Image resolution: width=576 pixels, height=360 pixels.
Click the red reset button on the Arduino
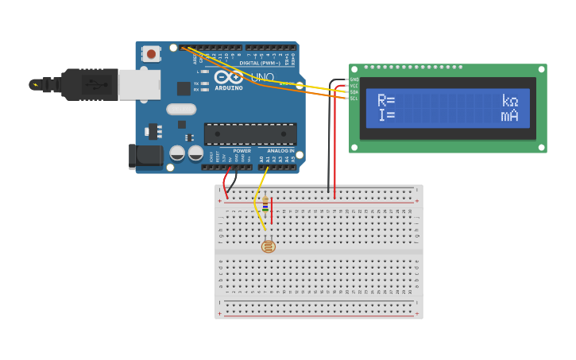coord(151,54)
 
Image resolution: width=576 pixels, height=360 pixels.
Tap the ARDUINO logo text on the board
coord(228,87)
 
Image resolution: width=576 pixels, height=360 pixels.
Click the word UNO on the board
coord(262,77)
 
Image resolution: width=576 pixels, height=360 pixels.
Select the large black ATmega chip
coord(250,134)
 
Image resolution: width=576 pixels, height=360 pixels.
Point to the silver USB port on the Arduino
coord(139,84)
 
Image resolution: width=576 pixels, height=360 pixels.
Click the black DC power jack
coord(145,156)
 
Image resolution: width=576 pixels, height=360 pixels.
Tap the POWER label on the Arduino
coord(242,150)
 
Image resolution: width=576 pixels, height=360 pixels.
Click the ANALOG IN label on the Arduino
coord(280,150)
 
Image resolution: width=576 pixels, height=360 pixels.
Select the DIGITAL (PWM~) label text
coord(258,62)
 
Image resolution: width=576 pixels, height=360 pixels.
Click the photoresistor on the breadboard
coord(269,246)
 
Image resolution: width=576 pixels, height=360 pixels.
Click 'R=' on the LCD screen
coord(386,101)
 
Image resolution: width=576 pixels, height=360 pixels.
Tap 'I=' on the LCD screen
coord(386,116)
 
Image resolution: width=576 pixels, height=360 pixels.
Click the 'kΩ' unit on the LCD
coord(509,101)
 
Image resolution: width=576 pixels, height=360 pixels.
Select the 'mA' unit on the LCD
coord(509,116)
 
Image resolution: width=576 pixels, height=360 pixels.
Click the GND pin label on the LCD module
coord(354,79)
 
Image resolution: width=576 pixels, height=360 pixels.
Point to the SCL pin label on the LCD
coord(354,98)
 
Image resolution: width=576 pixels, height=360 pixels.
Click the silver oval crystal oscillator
coord(181,109)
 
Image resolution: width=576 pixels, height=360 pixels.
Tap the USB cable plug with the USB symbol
coord(89,84)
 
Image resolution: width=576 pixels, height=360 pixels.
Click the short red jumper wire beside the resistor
coord(272,211)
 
